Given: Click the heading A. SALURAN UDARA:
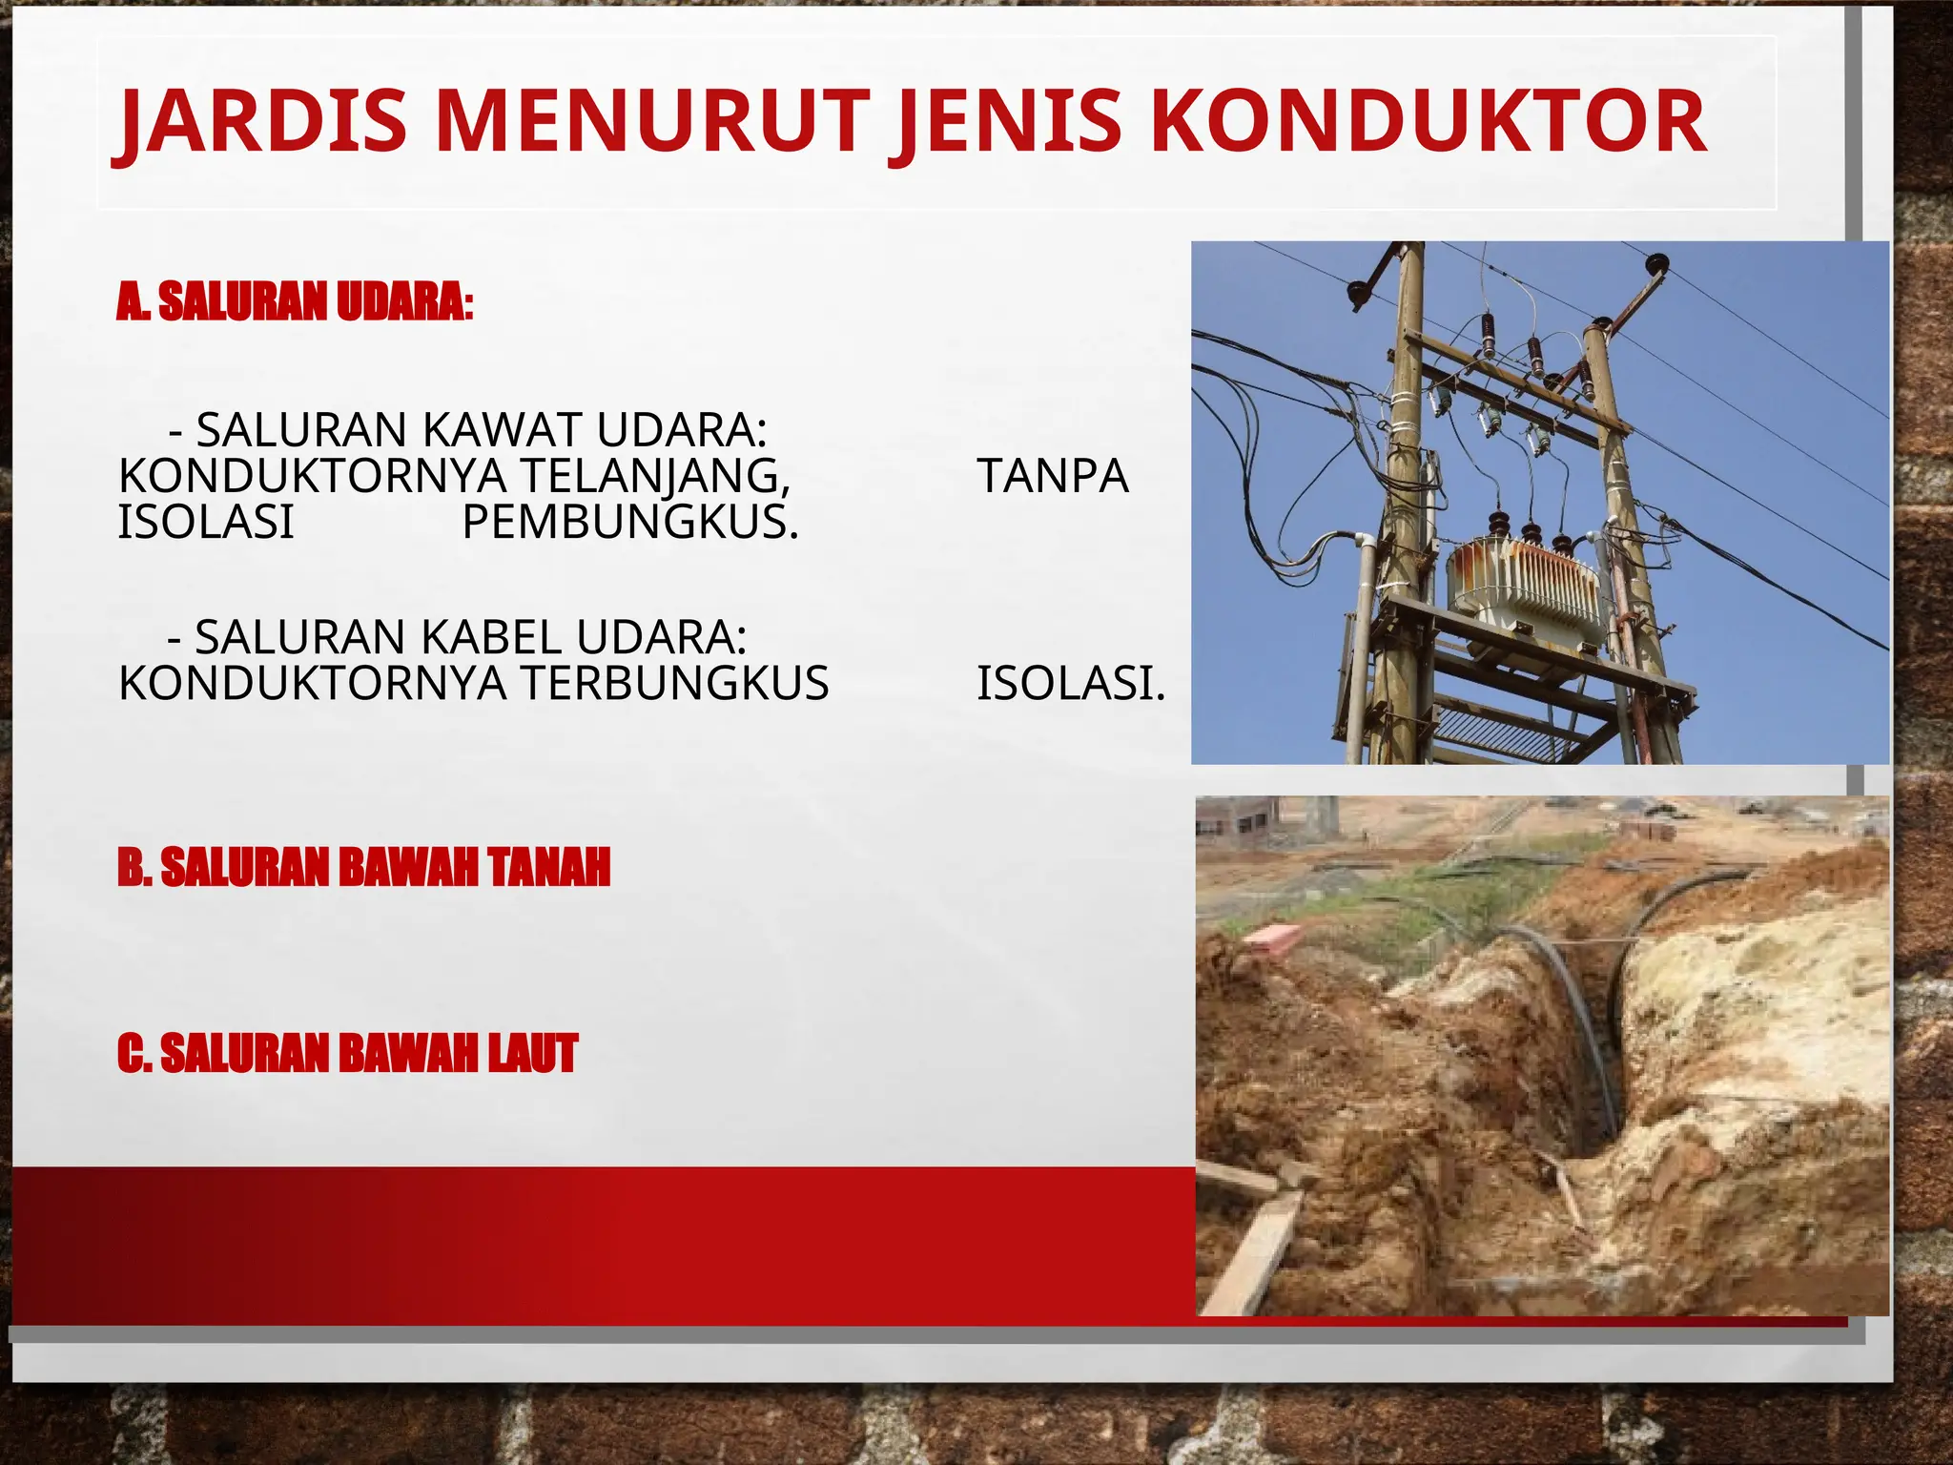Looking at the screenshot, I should (x=295, y=302).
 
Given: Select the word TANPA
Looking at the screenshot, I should (x=1052, y=476).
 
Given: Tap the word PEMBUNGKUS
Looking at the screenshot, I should (x=629, y=522).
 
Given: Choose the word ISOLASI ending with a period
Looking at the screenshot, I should (x=1070, y=683).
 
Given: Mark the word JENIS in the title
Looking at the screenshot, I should (x=1010, y=122).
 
